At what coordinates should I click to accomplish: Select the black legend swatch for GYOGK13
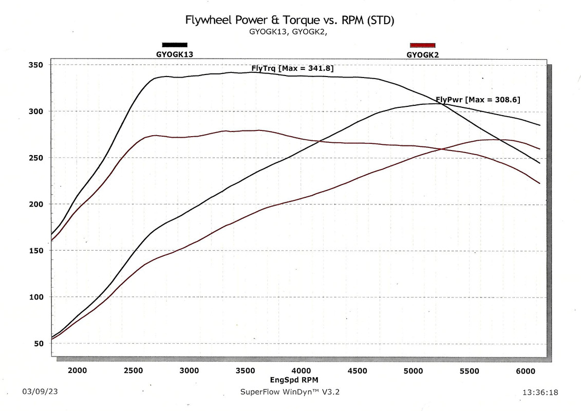175,45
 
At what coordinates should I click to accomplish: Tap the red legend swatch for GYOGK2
422,45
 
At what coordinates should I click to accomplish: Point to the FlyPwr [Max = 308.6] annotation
478,100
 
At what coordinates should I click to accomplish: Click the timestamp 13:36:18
540,393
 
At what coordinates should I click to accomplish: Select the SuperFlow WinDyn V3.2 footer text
290,392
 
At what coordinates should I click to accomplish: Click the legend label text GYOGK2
422,54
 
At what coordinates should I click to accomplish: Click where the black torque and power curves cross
445,104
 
